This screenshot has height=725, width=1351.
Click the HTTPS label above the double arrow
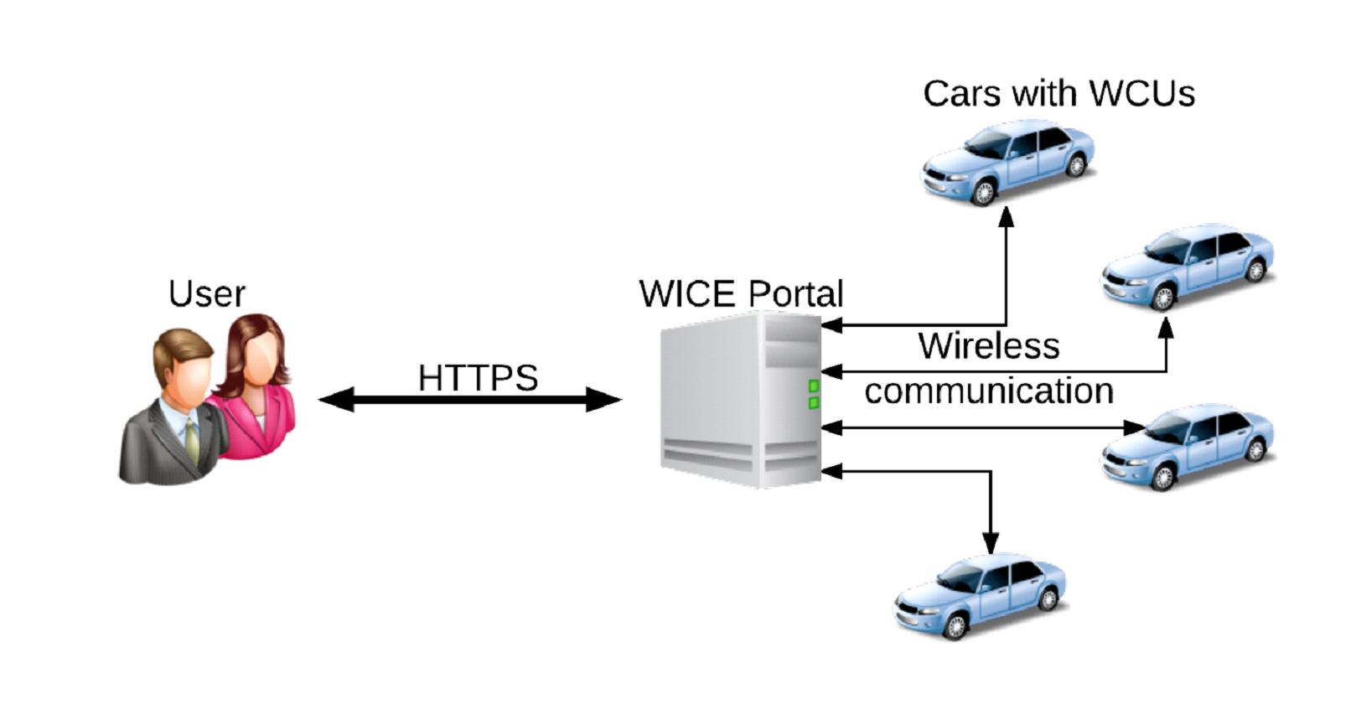coord(478,377)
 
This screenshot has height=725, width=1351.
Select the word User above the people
coord(207,294)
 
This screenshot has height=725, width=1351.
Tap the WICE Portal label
coord(741,293)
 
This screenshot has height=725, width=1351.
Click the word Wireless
coord(989,346)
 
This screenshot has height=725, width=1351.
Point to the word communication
coord(989,391)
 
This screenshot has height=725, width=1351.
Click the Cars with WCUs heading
coord(1059,94)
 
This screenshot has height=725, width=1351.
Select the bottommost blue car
coord(981,596)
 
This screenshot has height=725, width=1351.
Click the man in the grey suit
coord(172,419)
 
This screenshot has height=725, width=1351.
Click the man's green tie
coord(192,441)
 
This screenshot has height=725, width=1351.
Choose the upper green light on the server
coord(813,386)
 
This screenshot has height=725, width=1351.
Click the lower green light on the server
coord(813,403)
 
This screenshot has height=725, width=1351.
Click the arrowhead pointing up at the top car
coord(1007,217)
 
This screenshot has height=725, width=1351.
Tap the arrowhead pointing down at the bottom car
coord(991,542)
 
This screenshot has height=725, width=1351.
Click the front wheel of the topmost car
coord(984,193)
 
